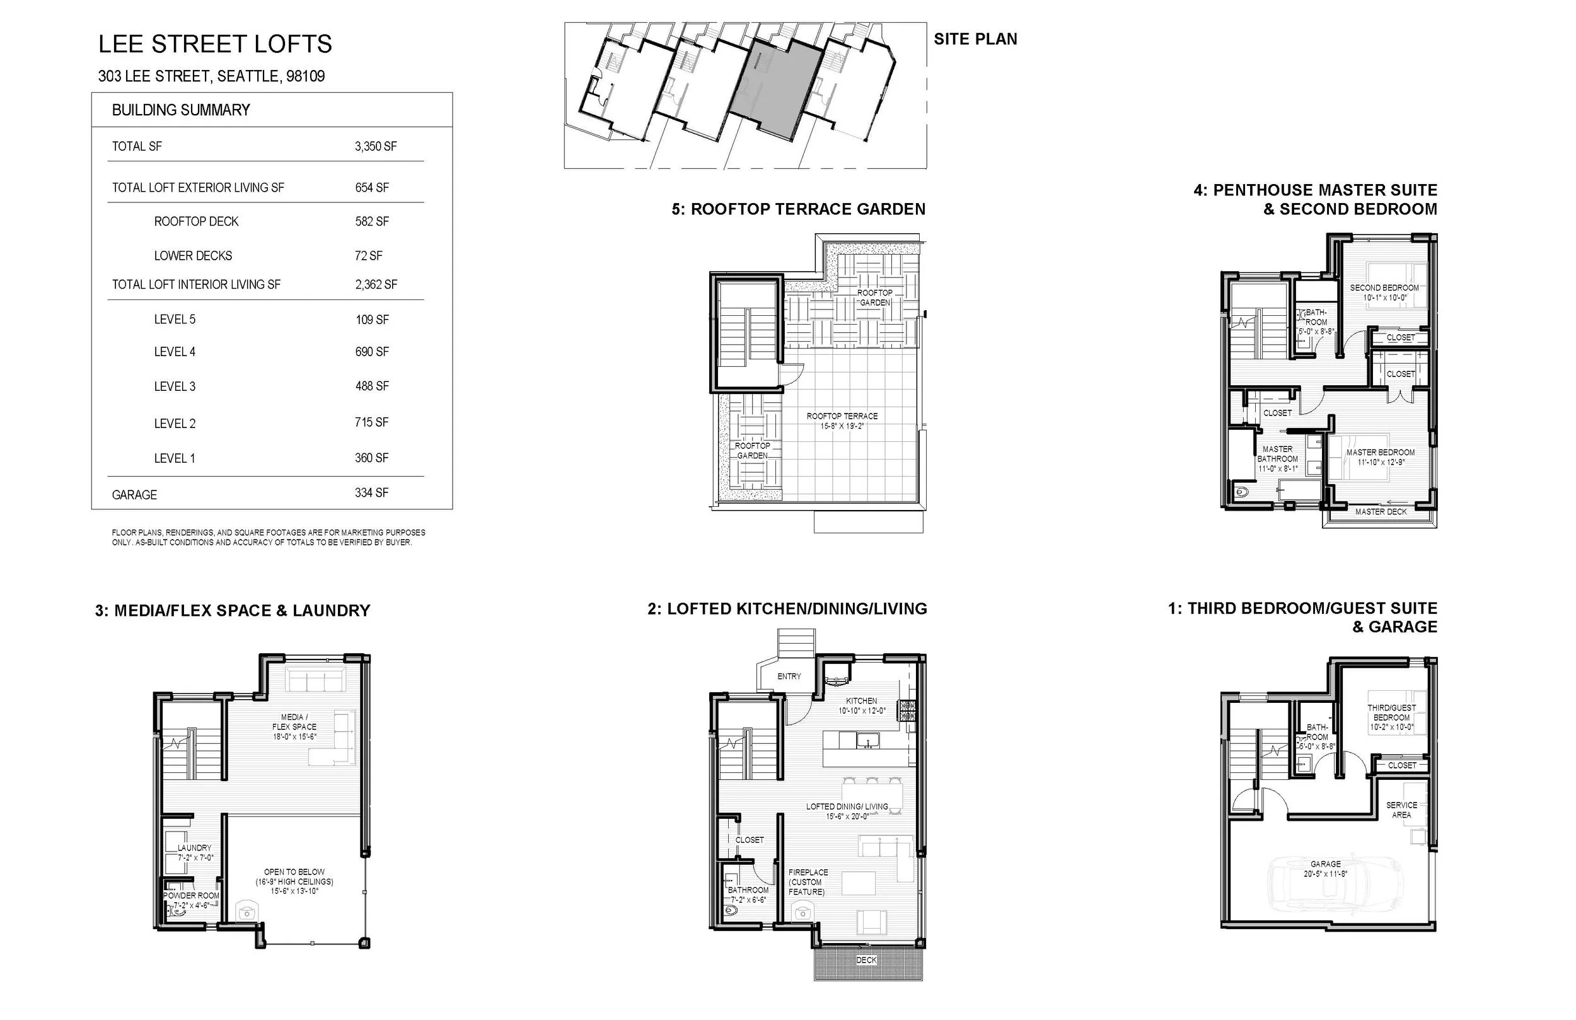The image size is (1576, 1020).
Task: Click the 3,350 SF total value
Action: (x=376, y=146)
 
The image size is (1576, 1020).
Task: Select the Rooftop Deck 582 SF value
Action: (x=371, y=221)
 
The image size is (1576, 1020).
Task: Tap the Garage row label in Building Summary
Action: (x=134, y=495)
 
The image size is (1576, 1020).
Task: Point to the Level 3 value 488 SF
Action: (x=371, y=386)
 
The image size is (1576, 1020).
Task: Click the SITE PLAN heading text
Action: (x=975, y=39)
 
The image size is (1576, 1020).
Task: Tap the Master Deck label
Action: (x=1381, y=511)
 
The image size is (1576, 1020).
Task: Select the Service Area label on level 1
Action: (x=1401, y=809)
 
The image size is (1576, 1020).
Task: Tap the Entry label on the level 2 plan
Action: (x=789, y=676)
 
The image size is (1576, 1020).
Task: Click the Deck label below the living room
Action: (x=866, y=959)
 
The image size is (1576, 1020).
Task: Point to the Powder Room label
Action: (x=192, y=895)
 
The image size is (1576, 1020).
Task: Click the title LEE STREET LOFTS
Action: (x=215, y=43)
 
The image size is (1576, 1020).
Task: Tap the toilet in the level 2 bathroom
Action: (x=731, y=912)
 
